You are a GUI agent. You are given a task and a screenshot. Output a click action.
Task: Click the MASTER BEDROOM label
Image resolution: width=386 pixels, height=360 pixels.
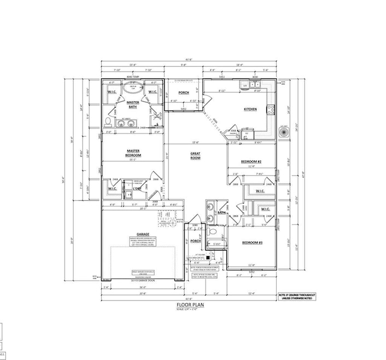click(133, 153)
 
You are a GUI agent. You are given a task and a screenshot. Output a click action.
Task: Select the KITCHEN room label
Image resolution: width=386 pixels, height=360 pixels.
click(250, 109)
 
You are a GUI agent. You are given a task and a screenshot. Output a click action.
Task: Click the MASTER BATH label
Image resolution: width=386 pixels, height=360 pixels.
click(133, 104)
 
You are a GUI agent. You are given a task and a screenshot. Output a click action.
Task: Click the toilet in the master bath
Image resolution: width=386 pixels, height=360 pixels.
click(109, 121)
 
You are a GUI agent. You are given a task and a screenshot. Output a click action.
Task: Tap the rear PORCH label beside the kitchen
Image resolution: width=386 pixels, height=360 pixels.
click(183, 92)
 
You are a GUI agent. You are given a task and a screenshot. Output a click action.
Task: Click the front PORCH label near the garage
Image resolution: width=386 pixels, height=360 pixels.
click(195, 241)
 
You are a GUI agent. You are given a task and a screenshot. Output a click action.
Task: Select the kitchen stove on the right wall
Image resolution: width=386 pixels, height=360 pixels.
click(270, 109)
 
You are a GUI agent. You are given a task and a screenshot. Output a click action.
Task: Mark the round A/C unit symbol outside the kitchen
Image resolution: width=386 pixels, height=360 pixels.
click(283, 132)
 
